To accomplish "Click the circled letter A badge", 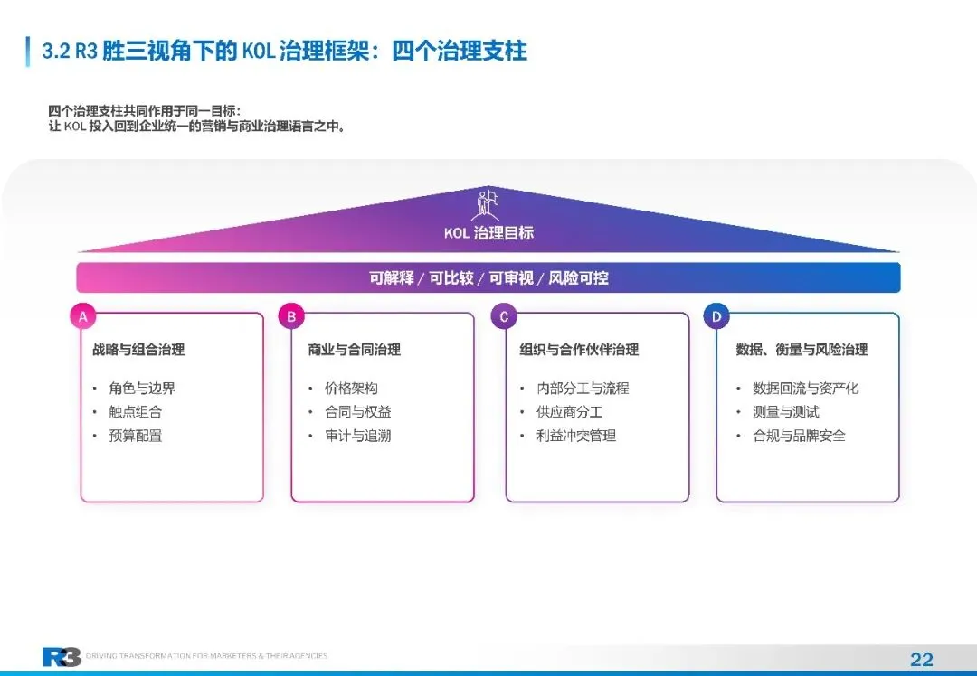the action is click(82, 316).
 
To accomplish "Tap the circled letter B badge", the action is click(291, 316).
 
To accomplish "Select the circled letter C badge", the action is click(504, 316).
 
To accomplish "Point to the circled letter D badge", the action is click(716, 316).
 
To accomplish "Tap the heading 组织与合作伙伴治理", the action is click(579, 350).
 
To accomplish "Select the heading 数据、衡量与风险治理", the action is click(802, 350).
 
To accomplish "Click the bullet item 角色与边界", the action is click(142, 389).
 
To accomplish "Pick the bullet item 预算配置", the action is click(136, 436).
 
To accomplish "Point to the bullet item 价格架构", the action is click(351, 389).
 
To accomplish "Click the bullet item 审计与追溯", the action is click(358, 436).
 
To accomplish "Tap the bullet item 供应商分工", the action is click(569, 412).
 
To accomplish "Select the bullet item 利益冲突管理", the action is click(576, 436).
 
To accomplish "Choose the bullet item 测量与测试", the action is click(786, 412).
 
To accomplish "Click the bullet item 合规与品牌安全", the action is click(800, 436).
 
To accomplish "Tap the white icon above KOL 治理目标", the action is click(488, 203).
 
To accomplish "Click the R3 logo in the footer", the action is click(61, 657).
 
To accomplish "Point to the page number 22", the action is click(921, 659).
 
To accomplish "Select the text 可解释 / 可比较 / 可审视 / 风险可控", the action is click(488, 278).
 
